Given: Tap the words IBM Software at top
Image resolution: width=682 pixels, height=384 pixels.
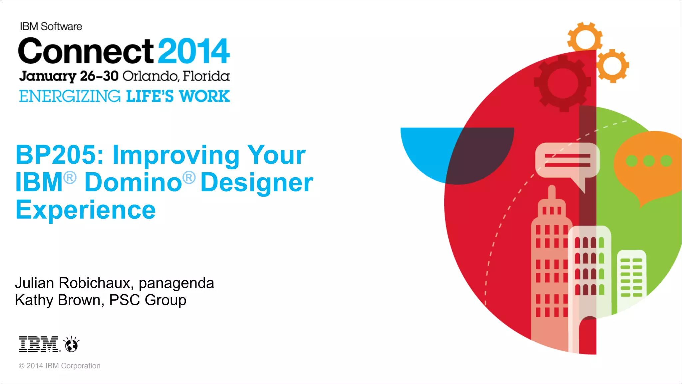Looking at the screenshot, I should (51, 26).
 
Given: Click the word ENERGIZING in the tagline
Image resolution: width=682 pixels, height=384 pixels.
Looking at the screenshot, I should (70, 96).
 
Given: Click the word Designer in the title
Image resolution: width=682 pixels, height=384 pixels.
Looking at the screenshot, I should (257, 183).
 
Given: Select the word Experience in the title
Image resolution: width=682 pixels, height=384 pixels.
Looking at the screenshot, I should (86, 210).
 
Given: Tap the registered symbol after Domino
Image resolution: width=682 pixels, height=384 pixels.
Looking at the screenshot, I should (189, 177).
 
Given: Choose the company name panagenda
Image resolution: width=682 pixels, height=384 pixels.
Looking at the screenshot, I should (176, 283).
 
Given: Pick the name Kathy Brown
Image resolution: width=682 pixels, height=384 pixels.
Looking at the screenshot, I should (57, 300).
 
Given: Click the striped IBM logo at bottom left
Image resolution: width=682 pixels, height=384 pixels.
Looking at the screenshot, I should (39, 344).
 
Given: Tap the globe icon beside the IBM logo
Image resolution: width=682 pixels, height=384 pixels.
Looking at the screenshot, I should (71, 345).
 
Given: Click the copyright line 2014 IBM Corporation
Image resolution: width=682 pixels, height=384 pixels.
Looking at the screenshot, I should (60, 366).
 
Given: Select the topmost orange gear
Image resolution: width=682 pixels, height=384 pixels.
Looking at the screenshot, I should (585, 38).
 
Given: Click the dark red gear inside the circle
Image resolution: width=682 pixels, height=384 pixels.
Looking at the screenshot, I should (562, 83).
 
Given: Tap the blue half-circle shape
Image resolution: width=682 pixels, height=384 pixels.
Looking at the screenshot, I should (430, 150).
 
